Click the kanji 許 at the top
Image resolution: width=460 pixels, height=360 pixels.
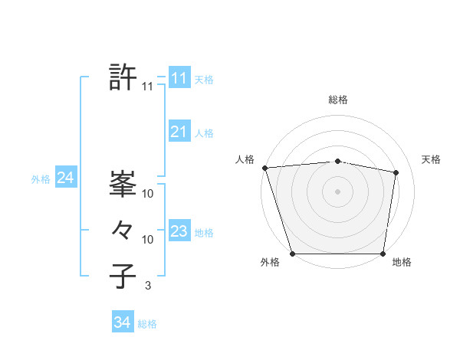click(x=123, y=77)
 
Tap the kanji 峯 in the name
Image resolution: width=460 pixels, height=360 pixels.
click(x=123, y=184)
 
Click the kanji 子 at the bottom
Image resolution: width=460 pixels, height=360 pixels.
click(x=123, y=277)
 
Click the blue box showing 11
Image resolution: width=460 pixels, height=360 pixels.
click(x=179, y=78)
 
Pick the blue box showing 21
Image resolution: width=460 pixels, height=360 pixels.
click(x=179, y=132)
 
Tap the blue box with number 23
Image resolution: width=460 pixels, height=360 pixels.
click(x=179, y=231)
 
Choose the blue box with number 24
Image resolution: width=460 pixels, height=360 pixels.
click(x=65, y=178)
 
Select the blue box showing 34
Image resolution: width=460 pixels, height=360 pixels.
click(x=122, y=322)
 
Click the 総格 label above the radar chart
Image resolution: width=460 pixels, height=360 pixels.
click(x=338, y=100)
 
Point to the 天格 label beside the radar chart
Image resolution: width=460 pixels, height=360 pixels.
click(x=431, y=159)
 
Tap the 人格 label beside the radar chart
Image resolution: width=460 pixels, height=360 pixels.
click(x=245, y=159)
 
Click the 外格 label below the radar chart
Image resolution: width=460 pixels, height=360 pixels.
click(x=270, y=263)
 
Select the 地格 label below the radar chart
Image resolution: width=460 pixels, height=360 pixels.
click(x=402, y=263)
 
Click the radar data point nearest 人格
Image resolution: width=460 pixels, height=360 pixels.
click(x=264, y=168)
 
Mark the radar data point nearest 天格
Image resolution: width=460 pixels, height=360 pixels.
click(x=396, y=172)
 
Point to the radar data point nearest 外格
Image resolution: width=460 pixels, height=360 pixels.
click(x=293, y=254)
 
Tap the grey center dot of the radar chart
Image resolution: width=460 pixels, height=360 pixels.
click(x=338, y=191)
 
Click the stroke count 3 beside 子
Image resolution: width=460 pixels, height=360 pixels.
click(x=148, y=286)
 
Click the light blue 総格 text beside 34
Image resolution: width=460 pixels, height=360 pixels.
click(x=147, y=324)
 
